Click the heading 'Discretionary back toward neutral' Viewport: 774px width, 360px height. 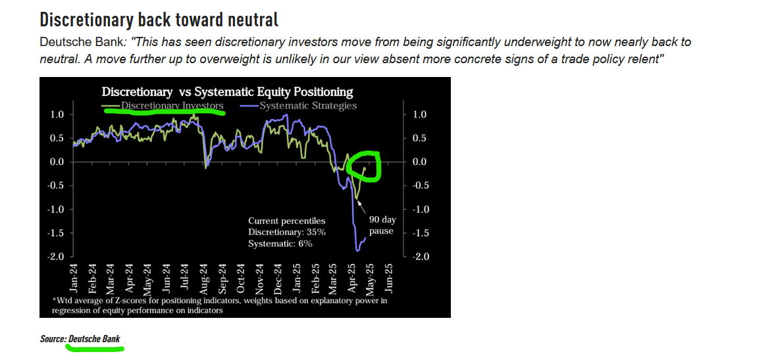[x=159, y=20]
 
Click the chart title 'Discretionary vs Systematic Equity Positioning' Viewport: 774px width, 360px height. [x=227, y=92]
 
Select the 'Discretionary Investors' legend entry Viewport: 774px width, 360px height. [x=163, y=106]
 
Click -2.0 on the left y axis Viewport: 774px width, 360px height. [x=58, y=257]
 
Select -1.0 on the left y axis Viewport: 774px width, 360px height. [x=58, y=209]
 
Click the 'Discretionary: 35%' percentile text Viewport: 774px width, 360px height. [x=287, y=232]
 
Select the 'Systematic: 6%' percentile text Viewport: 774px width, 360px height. [x=280, y=244]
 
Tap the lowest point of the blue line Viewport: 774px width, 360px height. [x=357, y=251]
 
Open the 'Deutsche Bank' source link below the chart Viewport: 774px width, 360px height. [x=94, y=339]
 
